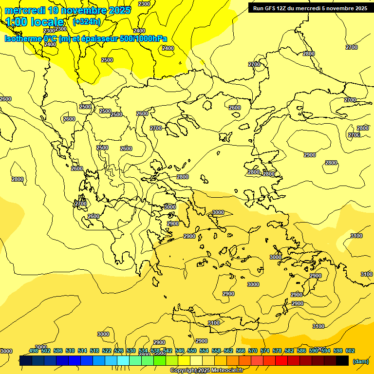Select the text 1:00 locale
point(35,22)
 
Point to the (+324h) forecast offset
point(87,21)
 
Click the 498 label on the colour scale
point(34,351)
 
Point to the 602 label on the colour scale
point(350,351)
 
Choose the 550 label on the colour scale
point(192,351)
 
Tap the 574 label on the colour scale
point(265,351)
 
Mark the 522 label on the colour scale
point(107,351)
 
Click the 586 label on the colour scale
point(301,351)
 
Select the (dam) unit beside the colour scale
point(360,361)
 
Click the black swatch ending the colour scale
point(342,360)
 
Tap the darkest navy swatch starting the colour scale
point(26,360)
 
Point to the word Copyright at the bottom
point(185,371)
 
